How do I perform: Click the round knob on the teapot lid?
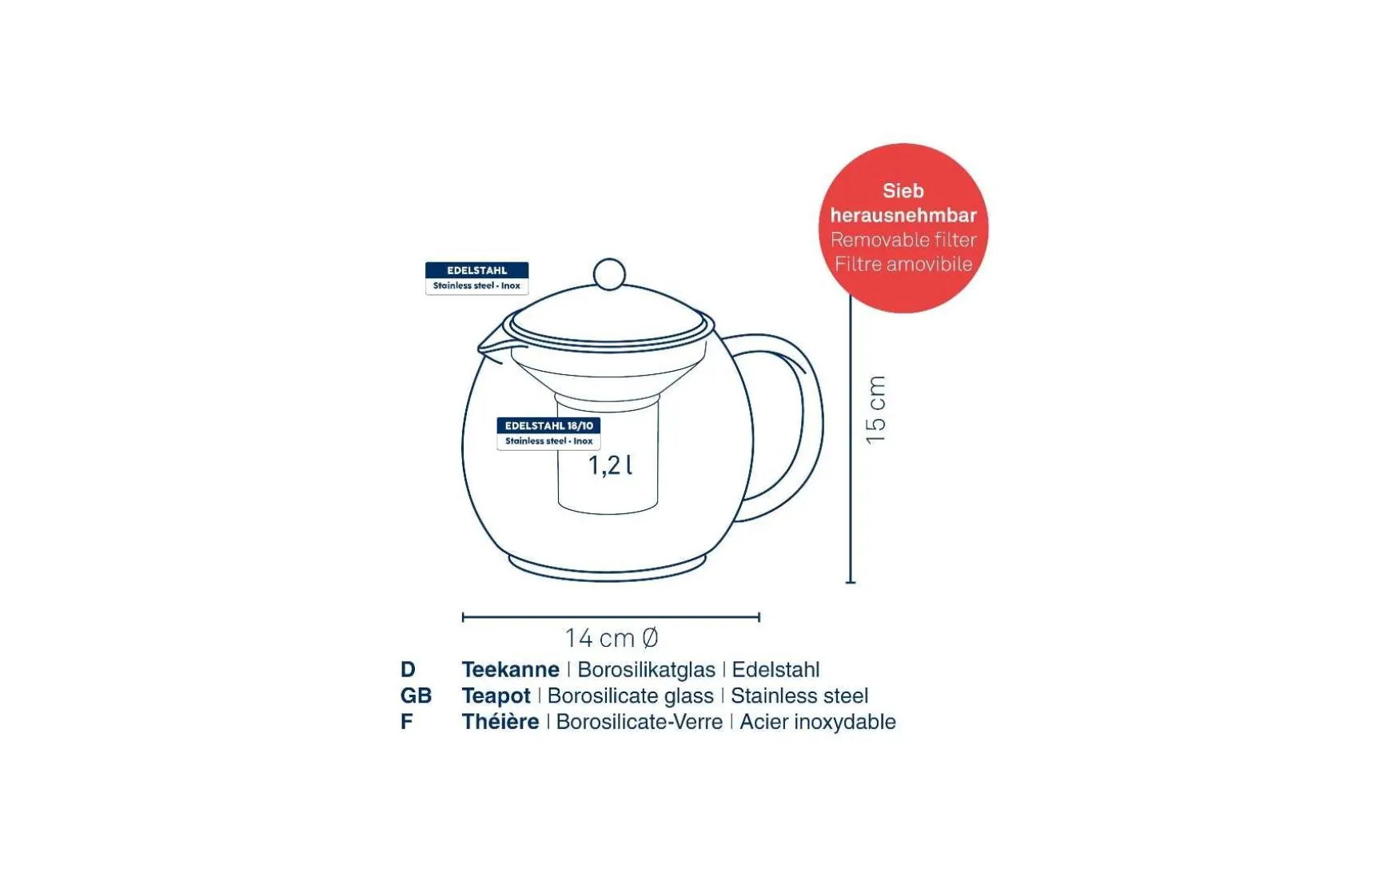[609, 274]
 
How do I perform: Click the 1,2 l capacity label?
[611, 464]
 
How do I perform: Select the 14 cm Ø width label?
[612, 638]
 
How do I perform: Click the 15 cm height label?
[876, 410]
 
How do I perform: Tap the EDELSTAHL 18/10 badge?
[548, 433]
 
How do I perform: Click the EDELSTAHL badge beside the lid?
[476, 278]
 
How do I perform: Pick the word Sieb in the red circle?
[903, 191]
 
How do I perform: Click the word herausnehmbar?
[903, 215]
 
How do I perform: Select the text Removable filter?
[903, 240]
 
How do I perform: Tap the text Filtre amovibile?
[903, 264]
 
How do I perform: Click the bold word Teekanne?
[510, 669]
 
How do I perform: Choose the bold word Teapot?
[496, 696]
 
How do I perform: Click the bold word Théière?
[500, 722]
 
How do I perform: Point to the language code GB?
[416, 696]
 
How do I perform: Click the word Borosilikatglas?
[646, 670]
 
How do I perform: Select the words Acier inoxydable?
[818, 722]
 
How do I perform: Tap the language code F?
[407, 722]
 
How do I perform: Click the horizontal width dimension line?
[611, 617]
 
